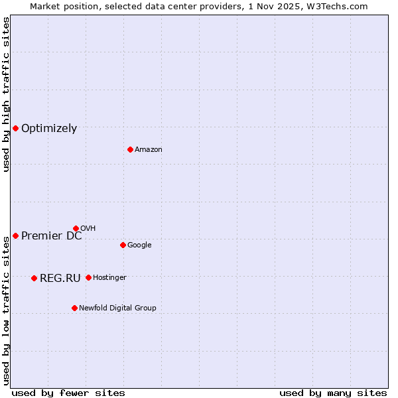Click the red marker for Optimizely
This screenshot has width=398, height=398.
[15, 128]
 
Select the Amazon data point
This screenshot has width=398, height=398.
[130, 149]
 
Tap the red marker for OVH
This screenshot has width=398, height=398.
[76, 228]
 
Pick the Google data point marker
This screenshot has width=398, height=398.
[123, 245]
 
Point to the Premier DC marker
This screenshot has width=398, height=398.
[15, 235]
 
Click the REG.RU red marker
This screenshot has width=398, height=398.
[34, 278]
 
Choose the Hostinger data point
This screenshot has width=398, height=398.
[88, 277]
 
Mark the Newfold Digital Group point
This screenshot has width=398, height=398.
[74, 308]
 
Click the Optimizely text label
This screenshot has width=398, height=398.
[49, 129]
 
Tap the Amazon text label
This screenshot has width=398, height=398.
[149, 150]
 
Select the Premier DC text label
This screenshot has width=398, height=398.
[52, 236]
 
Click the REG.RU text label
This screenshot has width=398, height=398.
[60, 279]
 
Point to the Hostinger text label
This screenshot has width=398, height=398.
[109, 278]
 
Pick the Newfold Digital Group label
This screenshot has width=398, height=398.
[117, 308]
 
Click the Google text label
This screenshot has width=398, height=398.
[139, 245]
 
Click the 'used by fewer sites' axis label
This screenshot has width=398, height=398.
[68, 393]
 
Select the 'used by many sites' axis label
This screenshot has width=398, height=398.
[333, 393]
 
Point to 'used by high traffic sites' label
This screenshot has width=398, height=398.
[7, 95]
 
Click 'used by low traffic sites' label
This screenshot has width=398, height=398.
[7, 310]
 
